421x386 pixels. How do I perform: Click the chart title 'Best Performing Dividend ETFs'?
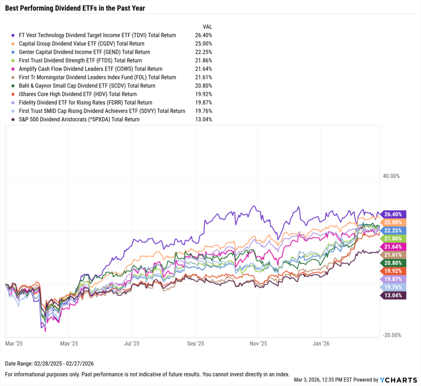coord(75,8)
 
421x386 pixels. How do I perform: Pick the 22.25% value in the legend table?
coord(204,52)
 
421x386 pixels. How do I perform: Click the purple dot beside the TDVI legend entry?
coord(14,35)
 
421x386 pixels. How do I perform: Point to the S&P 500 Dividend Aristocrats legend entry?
coord(79,120)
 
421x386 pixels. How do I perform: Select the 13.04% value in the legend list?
coord(204,120)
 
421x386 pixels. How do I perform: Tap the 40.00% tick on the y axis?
coord(391,176)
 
